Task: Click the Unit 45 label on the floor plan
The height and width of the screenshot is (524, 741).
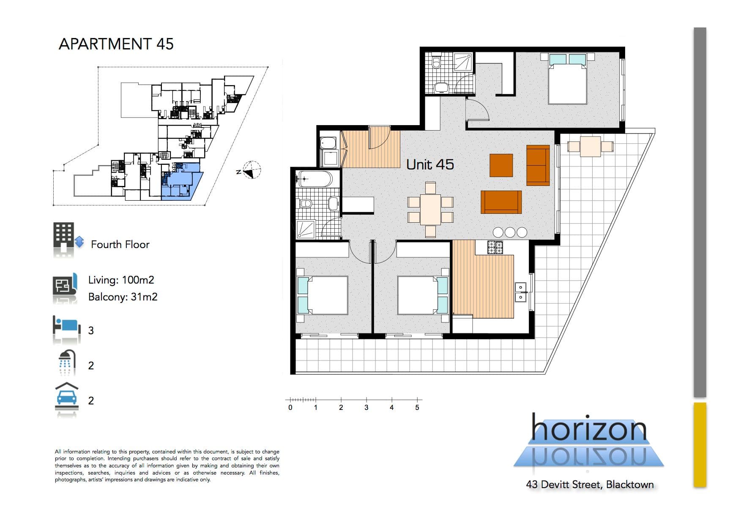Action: (x=430, y=164)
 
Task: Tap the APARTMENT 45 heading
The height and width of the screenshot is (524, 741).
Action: (x=116, y=44)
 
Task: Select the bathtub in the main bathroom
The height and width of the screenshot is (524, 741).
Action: (x=314, y=179)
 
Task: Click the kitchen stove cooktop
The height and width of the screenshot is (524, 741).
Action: (x=495, y=247)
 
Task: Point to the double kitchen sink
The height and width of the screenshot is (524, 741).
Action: (x=520, y=292)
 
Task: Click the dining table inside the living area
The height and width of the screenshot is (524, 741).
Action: (x=430, y=209)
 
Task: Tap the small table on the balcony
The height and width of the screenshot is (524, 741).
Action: (x=591, y=147)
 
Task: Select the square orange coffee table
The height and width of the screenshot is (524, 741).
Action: (x=501, y=165)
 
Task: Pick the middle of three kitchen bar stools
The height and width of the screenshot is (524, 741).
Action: (x=510, y=232)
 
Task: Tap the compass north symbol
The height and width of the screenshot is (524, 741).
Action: (x=251, y=170)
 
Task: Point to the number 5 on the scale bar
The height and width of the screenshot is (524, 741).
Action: (x=417, y=407)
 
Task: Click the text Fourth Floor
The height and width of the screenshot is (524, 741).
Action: (x=120, y=244)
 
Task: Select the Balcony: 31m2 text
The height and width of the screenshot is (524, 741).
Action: (x=123, y=297)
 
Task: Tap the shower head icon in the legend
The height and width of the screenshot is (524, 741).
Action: (x=66, y=363)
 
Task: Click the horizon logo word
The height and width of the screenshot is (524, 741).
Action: (x=588, y=428)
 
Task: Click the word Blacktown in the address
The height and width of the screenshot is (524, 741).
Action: (x=630, y=484)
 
